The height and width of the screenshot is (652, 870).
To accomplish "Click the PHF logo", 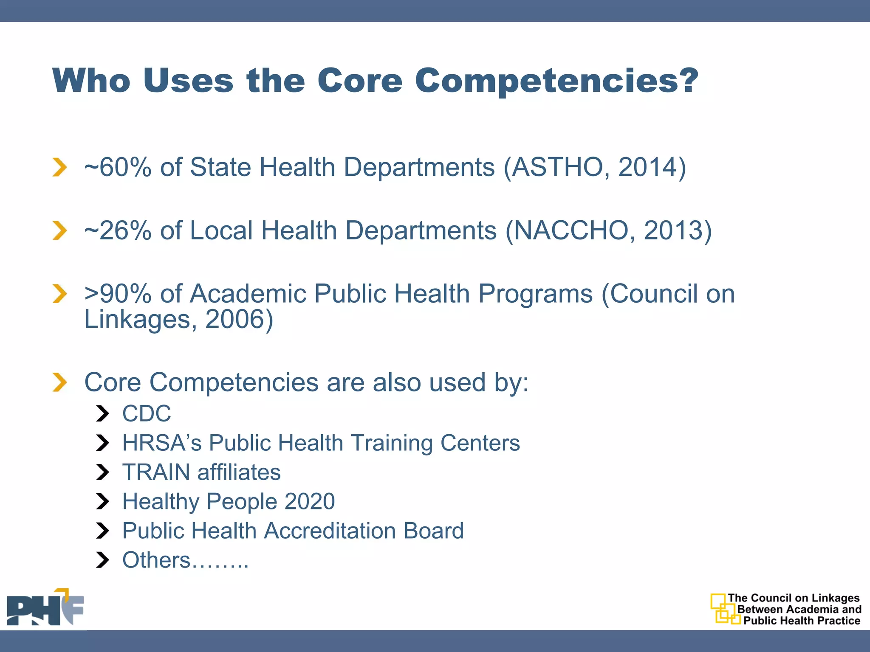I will pyautogui.click(x=45, y=608).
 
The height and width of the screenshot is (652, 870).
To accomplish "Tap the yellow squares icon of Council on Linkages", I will pyautogui.click(x=724, y=609).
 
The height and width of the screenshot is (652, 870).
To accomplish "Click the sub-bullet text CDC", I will pyautogui.click(x=147, y=413).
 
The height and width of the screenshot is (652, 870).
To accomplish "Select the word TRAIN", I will pyautogui.click(x=156, y=472).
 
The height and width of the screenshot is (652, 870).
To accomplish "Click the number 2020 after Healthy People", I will pyautogui.click(x=310, y=501).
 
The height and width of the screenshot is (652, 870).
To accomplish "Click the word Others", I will pyautogui.click(x=156, y=560).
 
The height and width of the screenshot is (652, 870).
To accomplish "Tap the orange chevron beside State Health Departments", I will pyautogui.click(x=60, y=167).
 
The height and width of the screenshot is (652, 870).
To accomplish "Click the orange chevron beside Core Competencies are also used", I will pyautogui.click(x=60, y=382).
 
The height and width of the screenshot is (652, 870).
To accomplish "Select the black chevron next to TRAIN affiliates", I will pyautogui.click(x=102, y=472).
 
